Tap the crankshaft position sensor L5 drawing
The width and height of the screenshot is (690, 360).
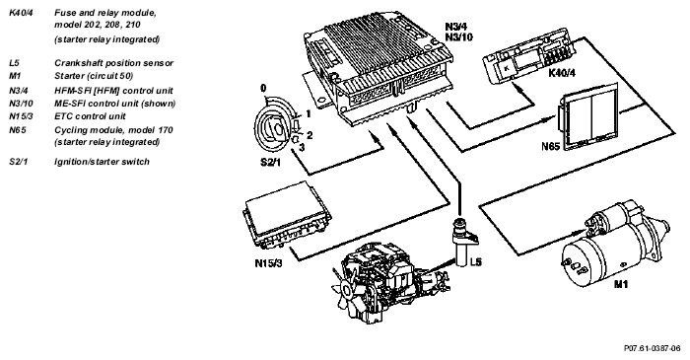[x=462, y=242]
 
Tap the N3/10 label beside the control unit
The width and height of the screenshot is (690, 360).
[x=459, y=37]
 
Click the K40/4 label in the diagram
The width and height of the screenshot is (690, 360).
[x=562, y=73]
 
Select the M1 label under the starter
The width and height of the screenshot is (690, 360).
[x=621, y=284]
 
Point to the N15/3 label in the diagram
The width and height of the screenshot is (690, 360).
[x=268, y=263]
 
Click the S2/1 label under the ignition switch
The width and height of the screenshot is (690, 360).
[x=270, y=163]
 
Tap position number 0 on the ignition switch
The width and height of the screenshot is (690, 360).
[x=263, y=89]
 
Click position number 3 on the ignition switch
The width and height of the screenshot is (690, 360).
[x=302, y=147]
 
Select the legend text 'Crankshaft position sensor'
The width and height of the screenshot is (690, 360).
[x=114, y=63]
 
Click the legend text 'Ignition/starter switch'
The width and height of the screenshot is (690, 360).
[x=102, y=162]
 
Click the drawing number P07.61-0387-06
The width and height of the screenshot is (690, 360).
[x=653, y=348]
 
